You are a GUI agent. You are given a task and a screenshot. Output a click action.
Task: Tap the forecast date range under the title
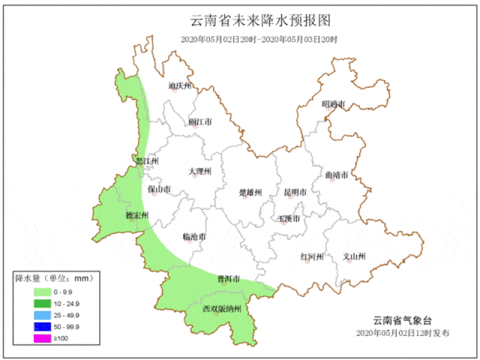[259, 39]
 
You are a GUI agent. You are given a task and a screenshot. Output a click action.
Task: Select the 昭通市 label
[334, 103]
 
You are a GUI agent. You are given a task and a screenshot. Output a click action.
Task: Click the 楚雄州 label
[250, 193]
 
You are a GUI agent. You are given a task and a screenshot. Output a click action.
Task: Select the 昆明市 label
[292, 192]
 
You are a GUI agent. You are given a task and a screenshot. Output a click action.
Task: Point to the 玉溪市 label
[288, 218]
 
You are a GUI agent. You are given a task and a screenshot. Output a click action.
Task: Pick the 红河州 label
[311, 256]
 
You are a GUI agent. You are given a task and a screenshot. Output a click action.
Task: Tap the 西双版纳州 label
[221, 308]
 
